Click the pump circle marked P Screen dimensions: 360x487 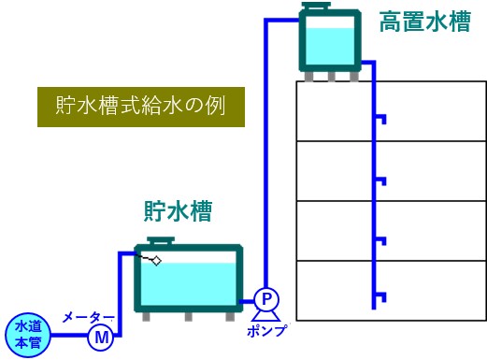[265, 298]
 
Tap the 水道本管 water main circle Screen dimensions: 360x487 [24, 332]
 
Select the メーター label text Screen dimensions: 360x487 [89, 317]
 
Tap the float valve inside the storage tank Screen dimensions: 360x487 [154, 260]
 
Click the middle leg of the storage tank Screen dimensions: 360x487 [188, 316]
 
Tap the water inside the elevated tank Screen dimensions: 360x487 [330, 44]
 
